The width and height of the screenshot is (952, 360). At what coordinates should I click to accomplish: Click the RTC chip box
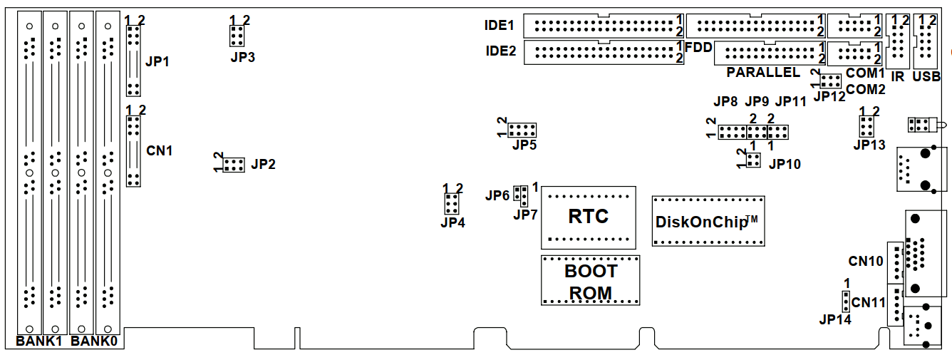(x=588, y=217)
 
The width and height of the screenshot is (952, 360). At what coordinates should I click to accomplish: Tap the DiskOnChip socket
(x=708, y=221)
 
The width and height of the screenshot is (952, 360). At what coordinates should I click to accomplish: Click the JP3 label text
(x=243, y=57)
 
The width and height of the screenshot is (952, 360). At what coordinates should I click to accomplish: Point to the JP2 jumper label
(x=263, y=164)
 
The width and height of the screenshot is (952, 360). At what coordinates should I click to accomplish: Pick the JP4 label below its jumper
(x=452, y=222)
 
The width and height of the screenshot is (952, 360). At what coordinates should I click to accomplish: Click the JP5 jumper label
(x=524, y=145)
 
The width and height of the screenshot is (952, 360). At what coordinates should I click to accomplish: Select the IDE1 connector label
(x=500, y=26)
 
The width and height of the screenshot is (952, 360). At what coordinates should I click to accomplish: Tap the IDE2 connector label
(x=500, y=51)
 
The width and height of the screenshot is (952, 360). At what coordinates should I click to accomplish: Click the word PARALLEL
(x=763, y=73)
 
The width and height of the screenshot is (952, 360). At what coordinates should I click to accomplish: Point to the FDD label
(x=698, y=47)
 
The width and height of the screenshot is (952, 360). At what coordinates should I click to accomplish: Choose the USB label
(x=926, y=76)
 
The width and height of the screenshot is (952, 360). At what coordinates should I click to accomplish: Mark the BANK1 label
(x=40, y=341)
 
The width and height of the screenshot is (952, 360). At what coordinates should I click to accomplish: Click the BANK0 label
(x=94, y=341)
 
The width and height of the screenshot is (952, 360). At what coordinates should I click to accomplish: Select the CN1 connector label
(x=159, y=150)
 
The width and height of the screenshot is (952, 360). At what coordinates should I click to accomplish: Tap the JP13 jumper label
(x=869, y=145)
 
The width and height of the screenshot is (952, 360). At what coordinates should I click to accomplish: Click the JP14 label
(x=834, y=319)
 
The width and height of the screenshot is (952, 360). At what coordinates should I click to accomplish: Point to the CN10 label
(x=866, y=260)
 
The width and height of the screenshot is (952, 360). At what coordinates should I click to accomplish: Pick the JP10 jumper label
(x=785, y=164)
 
